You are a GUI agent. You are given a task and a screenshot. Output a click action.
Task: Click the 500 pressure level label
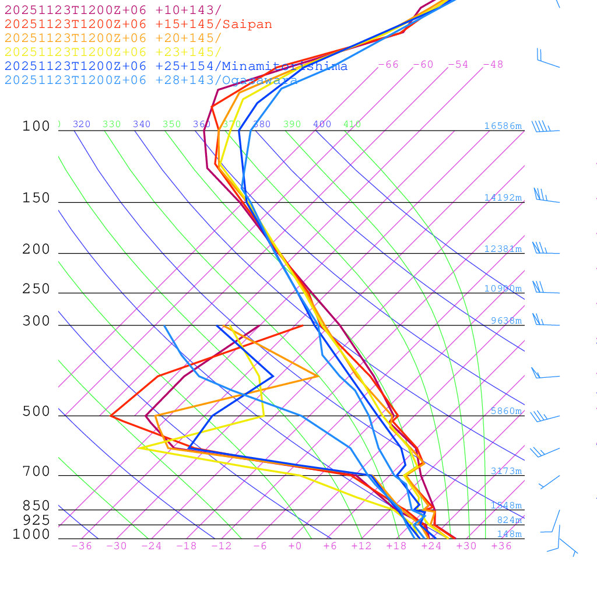(x=36, y=412)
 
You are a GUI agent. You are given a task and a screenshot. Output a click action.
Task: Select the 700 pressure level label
(x=36, y=471)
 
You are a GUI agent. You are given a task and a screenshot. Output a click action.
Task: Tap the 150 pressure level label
(x=36, y=198)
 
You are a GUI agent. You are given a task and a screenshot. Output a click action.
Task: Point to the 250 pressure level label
(x=36, y=289)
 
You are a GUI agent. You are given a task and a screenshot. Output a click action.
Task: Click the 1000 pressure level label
(x=31, y=534)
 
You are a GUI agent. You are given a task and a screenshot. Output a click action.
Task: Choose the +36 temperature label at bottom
(x=501, y=546)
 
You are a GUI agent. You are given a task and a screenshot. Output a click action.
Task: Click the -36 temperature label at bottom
(x=82, y=546)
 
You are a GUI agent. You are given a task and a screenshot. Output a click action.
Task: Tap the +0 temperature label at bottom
(x=295, y=546)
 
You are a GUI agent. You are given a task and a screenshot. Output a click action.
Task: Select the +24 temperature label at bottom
(x=431, y=546)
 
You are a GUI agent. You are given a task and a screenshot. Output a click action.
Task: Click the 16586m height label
(x=503, y=126)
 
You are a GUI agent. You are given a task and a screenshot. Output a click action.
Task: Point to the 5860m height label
(x=505, y=411)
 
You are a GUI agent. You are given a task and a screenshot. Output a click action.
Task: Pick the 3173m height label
(x=505, y=471)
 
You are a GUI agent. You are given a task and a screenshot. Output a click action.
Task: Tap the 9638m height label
(x=505, y=321)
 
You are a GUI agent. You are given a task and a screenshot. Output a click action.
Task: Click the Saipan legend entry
(x=138, y=24)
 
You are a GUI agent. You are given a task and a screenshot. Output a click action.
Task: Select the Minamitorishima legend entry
(x=176, y=66)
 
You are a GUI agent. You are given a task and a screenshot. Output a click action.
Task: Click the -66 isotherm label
(x=388, y=64)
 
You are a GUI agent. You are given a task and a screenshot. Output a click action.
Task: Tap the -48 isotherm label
(x=493, y=64)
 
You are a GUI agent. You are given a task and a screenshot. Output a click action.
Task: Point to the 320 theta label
(x=82, y=124)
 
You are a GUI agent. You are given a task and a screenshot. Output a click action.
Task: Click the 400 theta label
(x=322, y=124)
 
